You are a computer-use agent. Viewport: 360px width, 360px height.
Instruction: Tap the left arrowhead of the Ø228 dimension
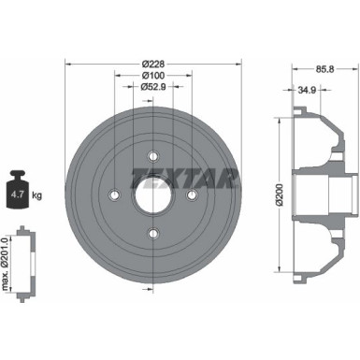click(x=68, y=63)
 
